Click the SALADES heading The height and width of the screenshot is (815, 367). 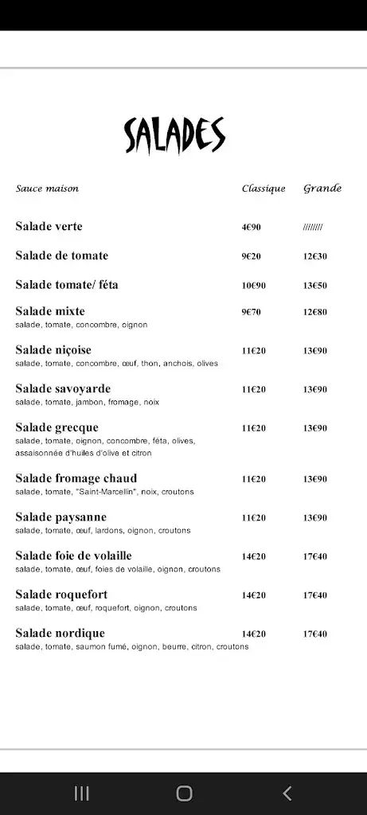click(x=174, y=135)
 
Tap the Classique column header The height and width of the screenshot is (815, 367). click(x=263, y=189)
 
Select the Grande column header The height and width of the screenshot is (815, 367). click(x=322, y=189)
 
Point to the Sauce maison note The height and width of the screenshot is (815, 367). click(x=47, y=189)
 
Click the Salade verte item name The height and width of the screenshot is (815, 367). click(x=49, y=227)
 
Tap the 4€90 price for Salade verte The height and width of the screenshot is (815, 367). click(x=251, y=228)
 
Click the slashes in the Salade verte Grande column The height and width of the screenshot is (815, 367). click(x=312, y=228)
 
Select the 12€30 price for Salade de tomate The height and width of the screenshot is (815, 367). click(x=314, y=256)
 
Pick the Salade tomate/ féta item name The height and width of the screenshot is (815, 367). click(x=66, y=285)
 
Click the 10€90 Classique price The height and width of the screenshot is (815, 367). click(x=253, y=286)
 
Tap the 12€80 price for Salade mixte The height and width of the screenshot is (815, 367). click(x=314, y=312)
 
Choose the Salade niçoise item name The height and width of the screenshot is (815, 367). click(x=53, y=350)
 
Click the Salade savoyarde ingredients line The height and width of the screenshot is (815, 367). click(x=87, y=403)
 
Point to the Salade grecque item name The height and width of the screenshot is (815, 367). click(x=57, y=428)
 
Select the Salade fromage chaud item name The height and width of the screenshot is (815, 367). click(x=76, y=478)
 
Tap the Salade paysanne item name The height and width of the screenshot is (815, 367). click(x=61, y=517)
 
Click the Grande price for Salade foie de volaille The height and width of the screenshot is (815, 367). click(x=314, y=556)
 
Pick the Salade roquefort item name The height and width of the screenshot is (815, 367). click(x=61, y=595)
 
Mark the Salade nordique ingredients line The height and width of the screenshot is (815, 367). click(x=131, y=647)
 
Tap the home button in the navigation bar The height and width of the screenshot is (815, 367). click(x=184, y=793)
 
